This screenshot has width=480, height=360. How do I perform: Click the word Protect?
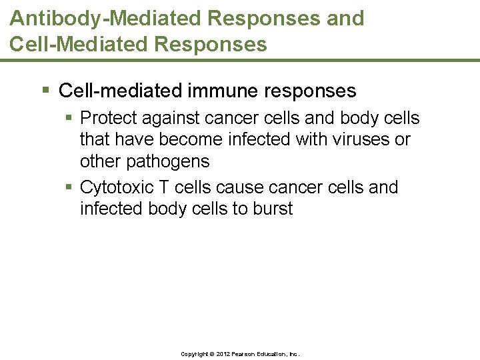108,119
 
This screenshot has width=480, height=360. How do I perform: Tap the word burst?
273,209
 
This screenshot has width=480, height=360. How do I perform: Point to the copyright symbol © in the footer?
213,354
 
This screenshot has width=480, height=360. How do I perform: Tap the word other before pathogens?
98,162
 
